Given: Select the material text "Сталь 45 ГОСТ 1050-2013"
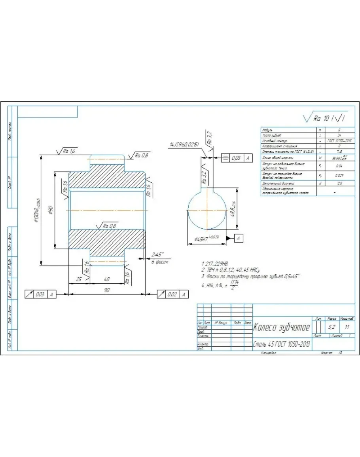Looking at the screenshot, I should [281, 345].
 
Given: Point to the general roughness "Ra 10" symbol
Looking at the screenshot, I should [324, 118].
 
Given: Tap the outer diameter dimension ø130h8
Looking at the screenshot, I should [37, 210].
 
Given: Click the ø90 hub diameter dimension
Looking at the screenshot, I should [50, 210].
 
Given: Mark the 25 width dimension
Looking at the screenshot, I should [79, 279].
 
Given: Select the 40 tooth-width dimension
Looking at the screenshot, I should [107, 279].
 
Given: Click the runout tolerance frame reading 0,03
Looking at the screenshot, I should [40, 294].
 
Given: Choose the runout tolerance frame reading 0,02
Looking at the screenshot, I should [172, 294].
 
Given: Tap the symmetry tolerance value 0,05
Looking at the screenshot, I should [236, 158].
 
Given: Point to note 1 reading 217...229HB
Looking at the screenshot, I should [216, 263].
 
